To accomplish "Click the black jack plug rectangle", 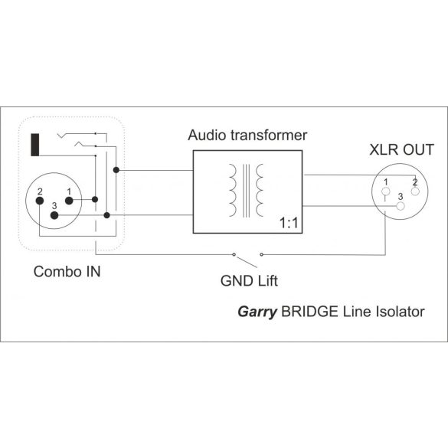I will pyautogui.click(x=34, y=145).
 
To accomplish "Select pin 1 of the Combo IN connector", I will pyautogui.click(x=69, y=201).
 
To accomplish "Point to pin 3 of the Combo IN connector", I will pyautogui.click(x=54, y=216).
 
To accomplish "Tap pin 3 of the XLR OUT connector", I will pyautogui.click(x=400, y=205).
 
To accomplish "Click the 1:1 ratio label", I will pyautogui.click(x=289, y=224).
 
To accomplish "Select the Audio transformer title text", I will pyautogui.click(x=247, y=136).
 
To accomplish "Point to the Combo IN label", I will pyautogui.click(x=66, y=272).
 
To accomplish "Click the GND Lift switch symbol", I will pyautogui.click(x=246, y=253).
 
